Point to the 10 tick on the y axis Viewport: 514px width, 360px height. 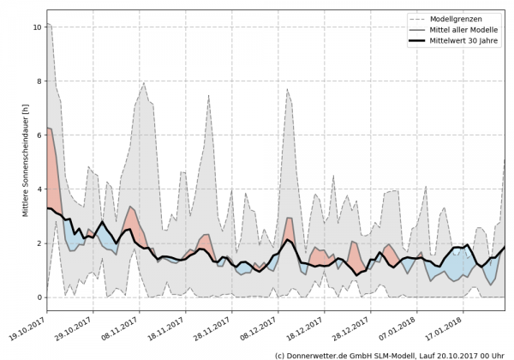coord(36,27)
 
